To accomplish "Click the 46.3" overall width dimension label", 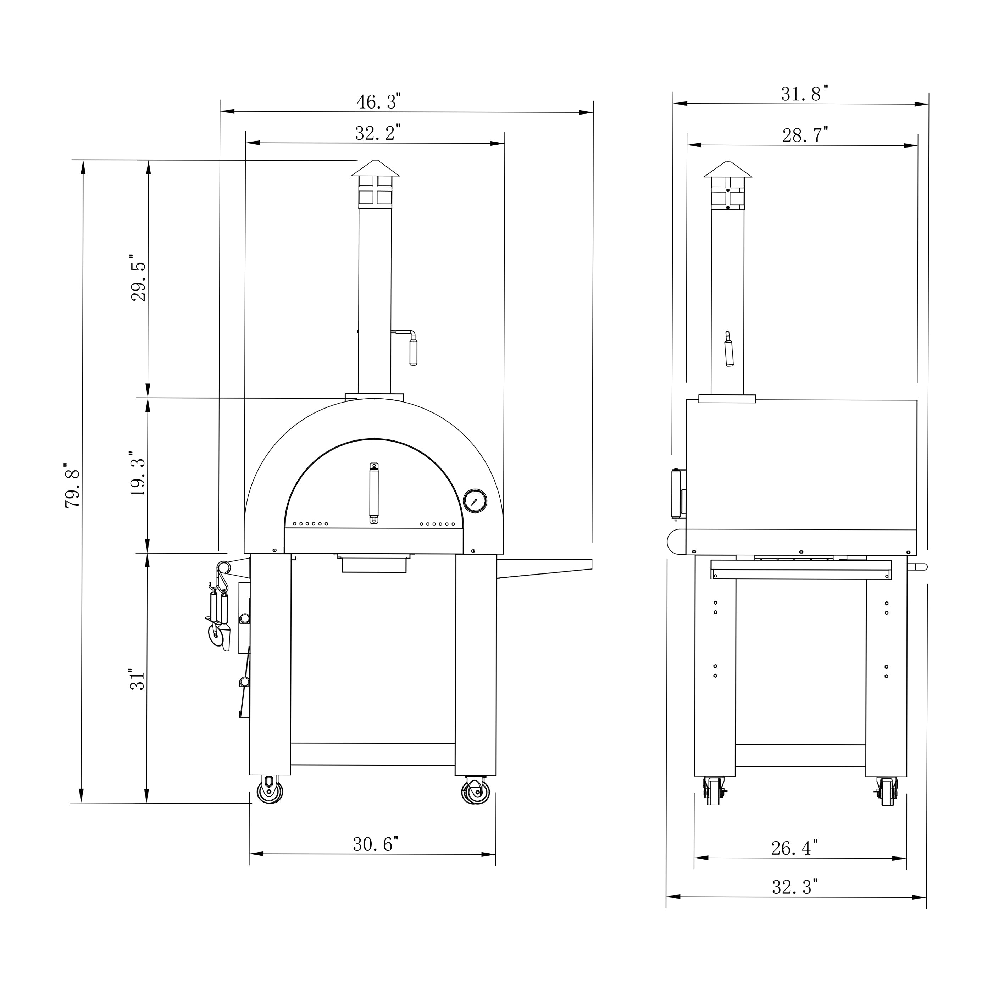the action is click(378, 102).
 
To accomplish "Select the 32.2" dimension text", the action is click(378, 133).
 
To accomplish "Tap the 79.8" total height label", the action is click(73, 488).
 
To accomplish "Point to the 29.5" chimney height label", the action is click(138, 278).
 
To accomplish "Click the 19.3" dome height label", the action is click(138, 474).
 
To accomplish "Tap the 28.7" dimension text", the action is click(805, 135).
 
